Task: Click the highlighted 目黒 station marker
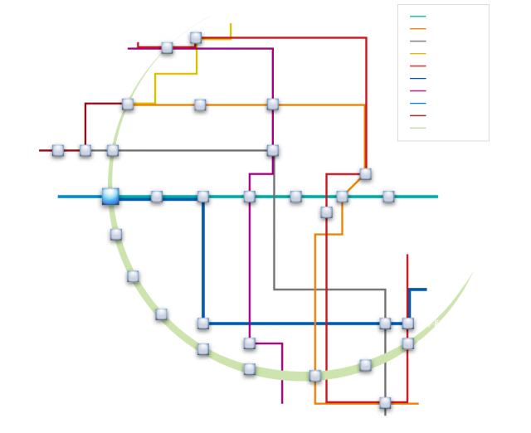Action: pos(110,196)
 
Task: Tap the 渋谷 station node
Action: pos(128,105)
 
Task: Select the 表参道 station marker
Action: pos(199,105)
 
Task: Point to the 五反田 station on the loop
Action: pos(116,235)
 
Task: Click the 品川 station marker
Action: pos(162,314)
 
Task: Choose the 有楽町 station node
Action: pos(364,364)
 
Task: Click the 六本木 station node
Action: pos(272,150)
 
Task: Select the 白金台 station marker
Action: pos(157,197)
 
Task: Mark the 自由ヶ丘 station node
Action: pos(57,150)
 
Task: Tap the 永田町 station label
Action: pos(409,188)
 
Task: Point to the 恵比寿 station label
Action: pos(134,143)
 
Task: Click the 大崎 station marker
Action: pos(133,275)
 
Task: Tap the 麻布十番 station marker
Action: pos(250,197)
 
